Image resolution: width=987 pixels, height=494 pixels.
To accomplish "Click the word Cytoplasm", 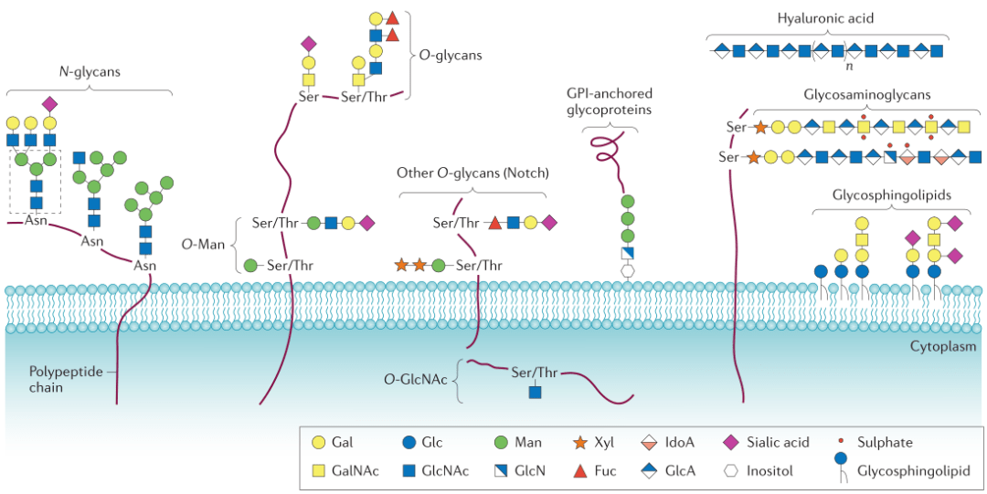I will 942,347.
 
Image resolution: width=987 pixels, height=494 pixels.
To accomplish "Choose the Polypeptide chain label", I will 59,379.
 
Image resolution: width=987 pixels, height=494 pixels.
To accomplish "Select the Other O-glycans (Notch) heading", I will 466,173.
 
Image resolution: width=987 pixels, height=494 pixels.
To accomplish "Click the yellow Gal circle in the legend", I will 317,443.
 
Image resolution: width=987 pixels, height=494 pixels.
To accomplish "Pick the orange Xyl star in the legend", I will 578,443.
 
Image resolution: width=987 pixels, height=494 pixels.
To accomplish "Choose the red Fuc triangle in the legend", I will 578,471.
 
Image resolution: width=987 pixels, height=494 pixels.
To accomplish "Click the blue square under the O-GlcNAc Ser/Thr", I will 535,393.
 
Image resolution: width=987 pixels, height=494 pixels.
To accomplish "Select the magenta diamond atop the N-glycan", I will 49,102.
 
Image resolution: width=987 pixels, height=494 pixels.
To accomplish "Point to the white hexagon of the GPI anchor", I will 628,271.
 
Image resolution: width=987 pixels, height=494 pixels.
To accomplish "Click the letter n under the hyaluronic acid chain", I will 849,67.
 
